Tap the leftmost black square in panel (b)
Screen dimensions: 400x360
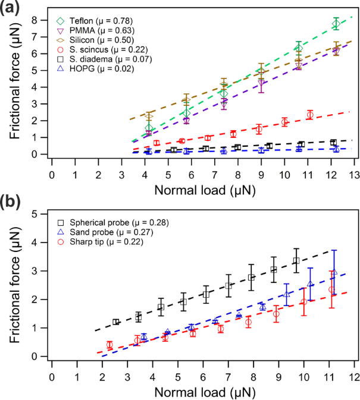pos(116,322)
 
